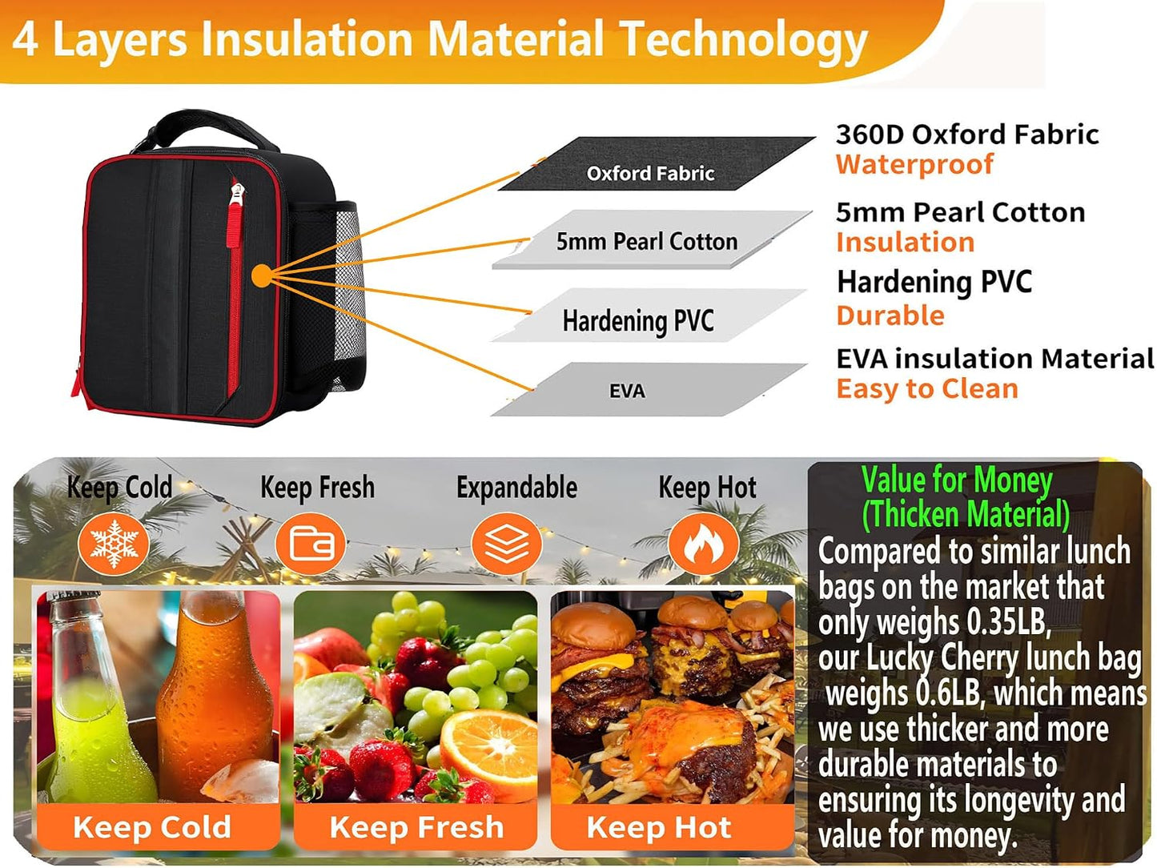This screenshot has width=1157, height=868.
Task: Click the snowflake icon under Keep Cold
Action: (x=114, y=545)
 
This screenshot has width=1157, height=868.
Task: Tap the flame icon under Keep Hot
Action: (x=703, y=545)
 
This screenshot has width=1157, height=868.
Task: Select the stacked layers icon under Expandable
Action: (x=507, y=545)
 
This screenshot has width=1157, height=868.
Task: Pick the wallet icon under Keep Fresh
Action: (x=311, y=545)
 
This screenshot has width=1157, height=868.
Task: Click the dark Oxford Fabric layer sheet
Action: (x=656, y=163)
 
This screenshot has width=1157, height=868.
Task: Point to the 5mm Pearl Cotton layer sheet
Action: (x=652, y=239)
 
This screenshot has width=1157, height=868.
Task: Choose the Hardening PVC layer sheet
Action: (x=649, y=315)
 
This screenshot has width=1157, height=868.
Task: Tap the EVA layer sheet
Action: (x=649, y=389)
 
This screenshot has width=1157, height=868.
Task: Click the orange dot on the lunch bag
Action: (x=262, y=275)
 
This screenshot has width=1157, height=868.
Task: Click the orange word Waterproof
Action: (x=914, y=164)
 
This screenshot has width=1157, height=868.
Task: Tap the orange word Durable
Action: (x=890, y=315)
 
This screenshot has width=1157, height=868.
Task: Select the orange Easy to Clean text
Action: (x=927, y=389)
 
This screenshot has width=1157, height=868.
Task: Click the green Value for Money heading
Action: (x=957, y=480)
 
